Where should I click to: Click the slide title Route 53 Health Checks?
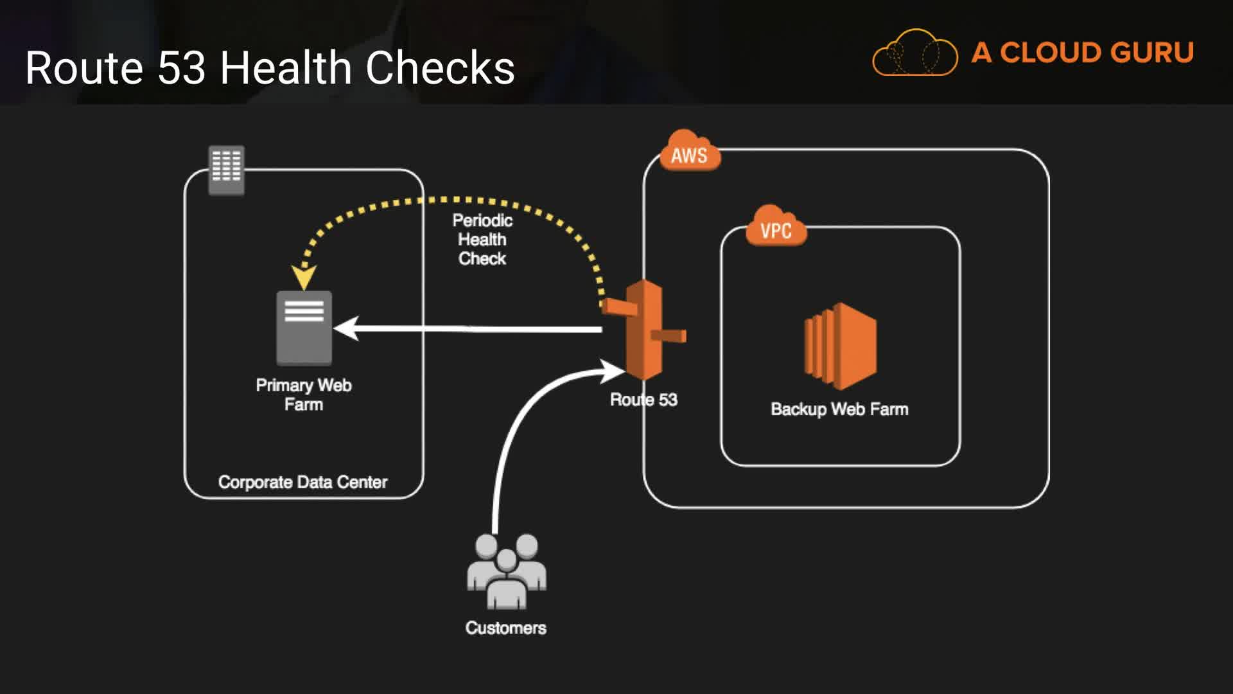(x=270, y=67)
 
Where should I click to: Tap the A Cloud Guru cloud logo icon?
(x=914, y=53)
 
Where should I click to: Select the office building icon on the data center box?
(x=227, y=170)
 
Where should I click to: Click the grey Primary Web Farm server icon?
(x=304, y=328)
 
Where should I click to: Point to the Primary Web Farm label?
(x=304, y=395)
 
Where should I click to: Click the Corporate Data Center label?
(x=302, y=482)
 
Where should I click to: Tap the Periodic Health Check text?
(x=482, y=240)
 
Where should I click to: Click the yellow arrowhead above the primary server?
(x=304, y=278)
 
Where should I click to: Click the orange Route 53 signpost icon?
(x=645, y=330)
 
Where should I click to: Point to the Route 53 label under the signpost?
(x=643, y=400)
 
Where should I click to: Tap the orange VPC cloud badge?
(x=776, y=228)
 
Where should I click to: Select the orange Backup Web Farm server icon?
(x=840, y=346)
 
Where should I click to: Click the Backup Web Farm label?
(x=839, y=409)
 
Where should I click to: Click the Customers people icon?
(x=507, y=571)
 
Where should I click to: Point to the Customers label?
(x=506, y=628)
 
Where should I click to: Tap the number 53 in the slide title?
(x=182, y=67)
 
